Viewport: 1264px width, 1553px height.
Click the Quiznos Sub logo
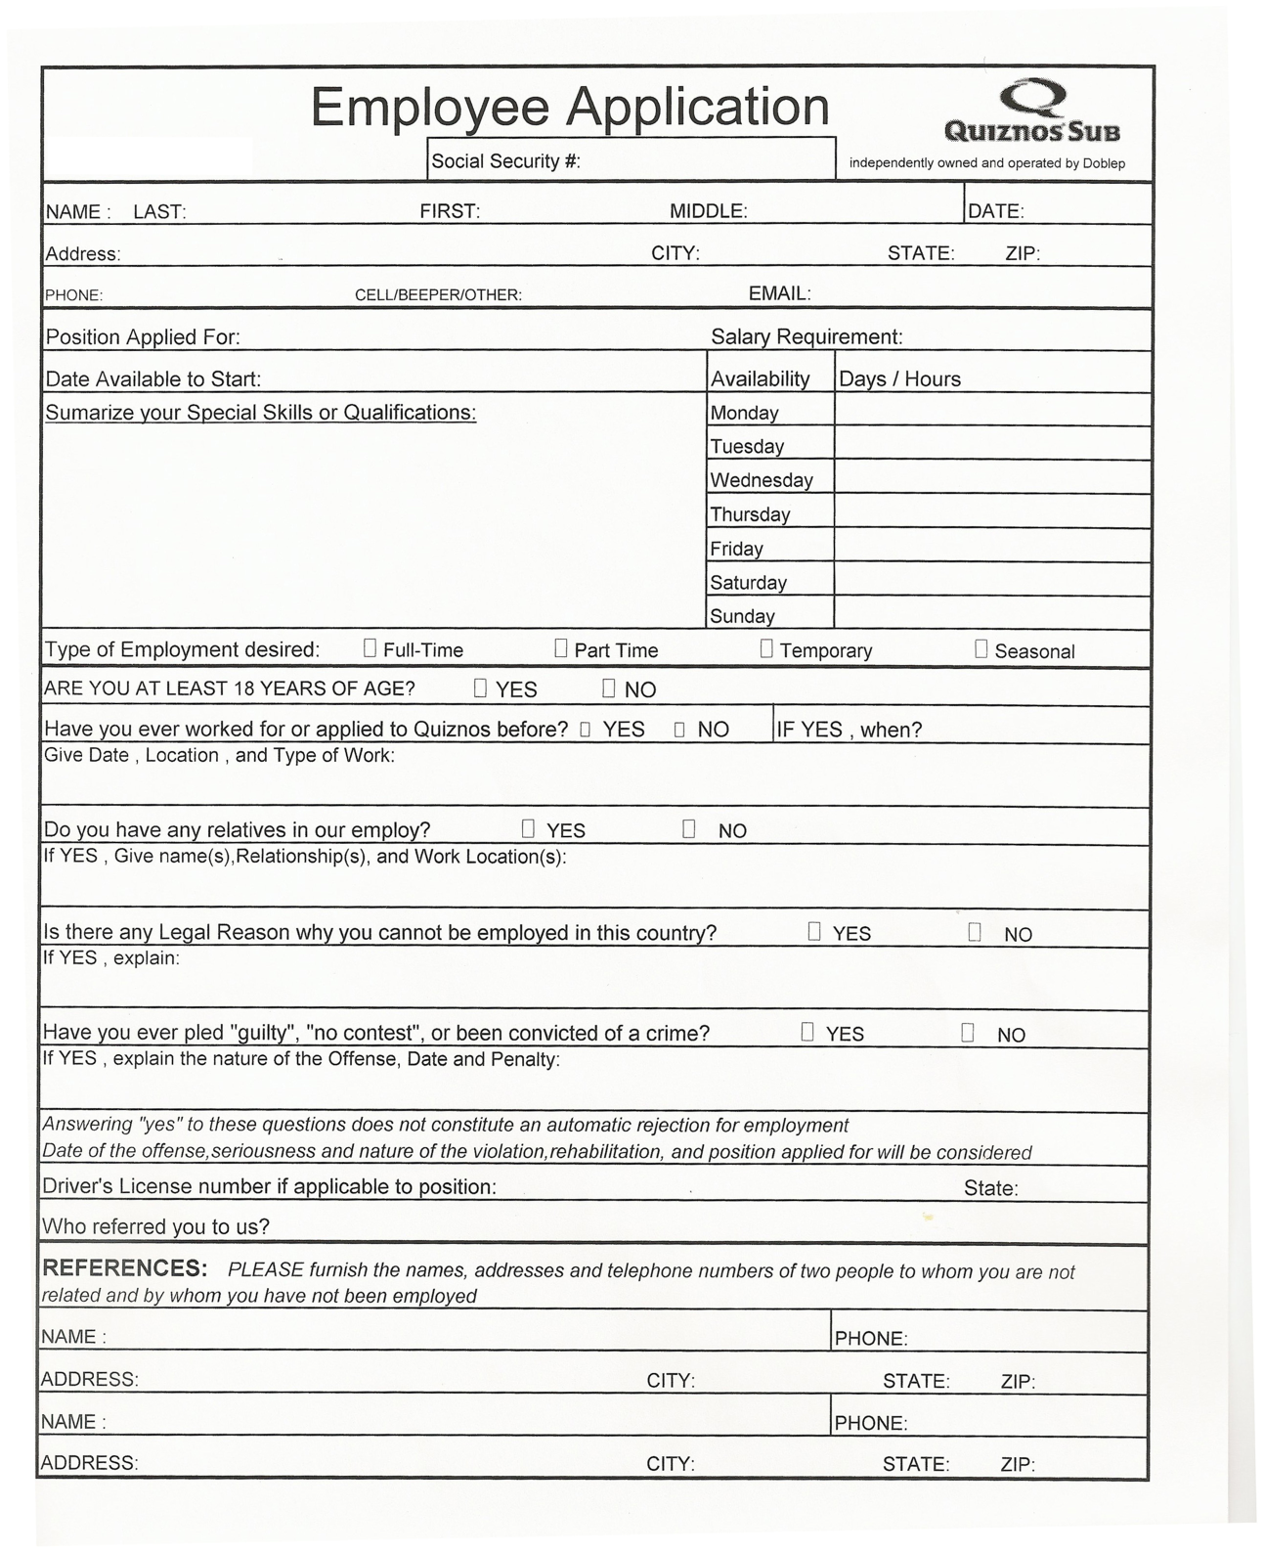[1032, 112]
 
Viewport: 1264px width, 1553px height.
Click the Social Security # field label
[505, 161]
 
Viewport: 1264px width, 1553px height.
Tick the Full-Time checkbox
[370, 647]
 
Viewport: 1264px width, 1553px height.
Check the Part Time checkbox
[560, 647]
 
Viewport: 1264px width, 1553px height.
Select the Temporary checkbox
[766, 648]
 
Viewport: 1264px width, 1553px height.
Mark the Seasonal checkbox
[981, 649]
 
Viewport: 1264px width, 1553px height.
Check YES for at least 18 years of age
[480, 688]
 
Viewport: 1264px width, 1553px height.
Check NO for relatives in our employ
[688, 829]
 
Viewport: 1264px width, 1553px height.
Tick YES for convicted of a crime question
[807, 1032]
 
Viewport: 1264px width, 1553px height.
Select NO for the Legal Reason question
[975, 932]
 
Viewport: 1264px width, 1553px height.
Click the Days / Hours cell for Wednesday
[991, 477]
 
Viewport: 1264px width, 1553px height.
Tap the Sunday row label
[742, 616]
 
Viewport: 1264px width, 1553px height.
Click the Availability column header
[760, 378]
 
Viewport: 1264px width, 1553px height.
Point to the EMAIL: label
[779, 293]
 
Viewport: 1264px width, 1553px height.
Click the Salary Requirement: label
[806, 336]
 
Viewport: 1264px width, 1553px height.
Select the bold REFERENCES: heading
[124, 1268]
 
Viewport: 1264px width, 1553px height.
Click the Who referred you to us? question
[155, 1226]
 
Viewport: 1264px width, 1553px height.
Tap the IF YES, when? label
[849, 730]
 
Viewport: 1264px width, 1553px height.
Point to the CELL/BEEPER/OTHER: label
[438, 295]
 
